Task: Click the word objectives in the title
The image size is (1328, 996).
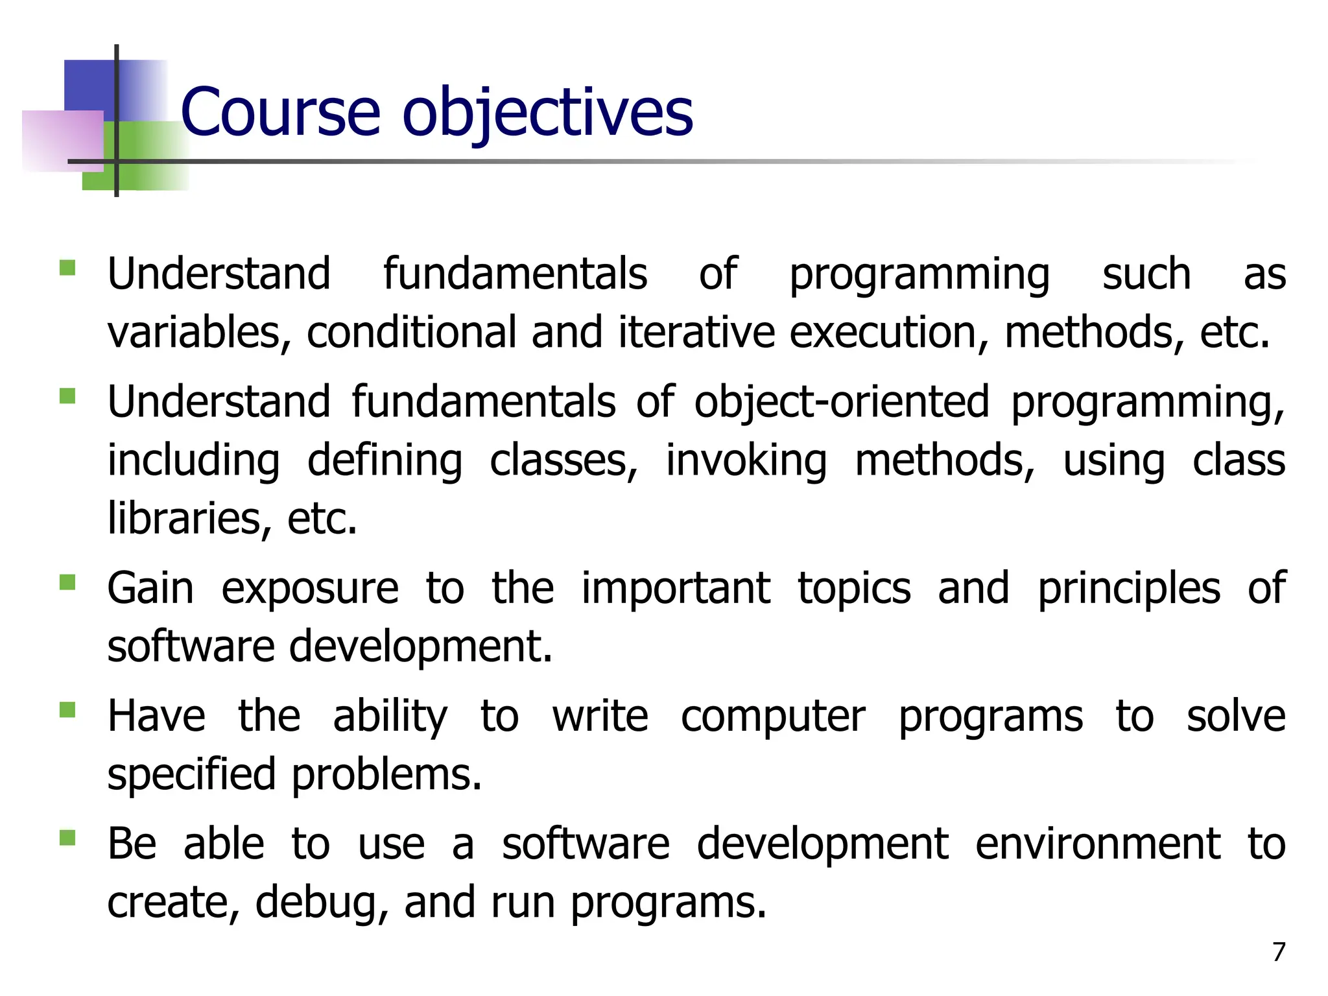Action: [x=548, y=113]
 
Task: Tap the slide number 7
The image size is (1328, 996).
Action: [x=1278, y=952]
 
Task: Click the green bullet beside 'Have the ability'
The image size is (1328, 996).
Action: [x=67, y=710]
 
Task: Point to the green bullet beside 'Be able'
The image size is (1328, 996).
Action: [x=67, y=838]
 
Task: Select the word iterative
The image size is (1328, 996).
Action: [x=696, y=332]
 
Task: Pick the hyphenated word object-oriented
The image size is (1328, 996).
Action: [x=842, y=402]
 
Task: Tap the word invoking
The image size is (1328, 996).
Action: [x=746, y=460]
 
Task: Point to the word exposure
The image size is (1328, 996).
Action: [x=310, y=589]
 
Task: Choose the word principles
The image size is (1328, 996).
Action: [x=1129, y=589]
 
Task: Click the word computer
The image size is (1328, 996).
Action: [x=773, y=717]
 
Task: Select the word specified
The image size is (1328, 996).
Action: [x=191, y=775]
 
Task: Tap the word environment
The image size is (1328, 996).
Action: [x=1098, y=844]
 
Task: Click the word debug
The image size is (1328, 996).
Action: [x=316, y=903]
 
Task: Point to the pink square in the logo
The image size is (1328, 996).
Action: [x=62, y=140]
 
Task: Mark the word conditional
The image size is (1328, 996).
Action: [x=411, y=332]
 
